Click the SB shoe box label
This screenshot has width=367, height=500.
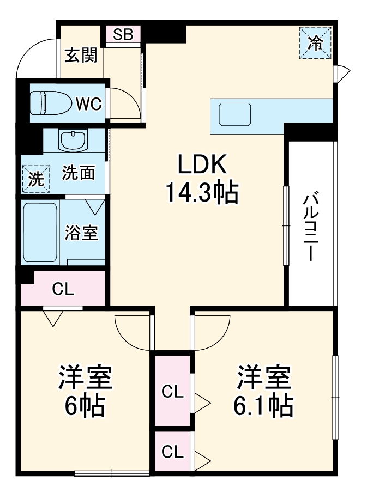tap(123, 34)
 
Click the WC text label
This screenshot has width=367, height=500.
tap(88, 103)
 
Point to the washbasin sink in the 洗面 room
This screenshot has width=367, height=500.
tap(74, 140)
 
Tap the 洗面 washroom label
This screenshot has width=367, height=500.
tap(78, 173)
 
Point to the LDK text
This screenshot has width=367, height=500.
tap(200, 164)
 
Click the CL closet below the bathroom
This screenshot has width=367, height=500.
tap(63, 289)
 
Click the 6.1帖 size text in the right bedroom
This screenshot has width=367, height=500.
tap(264, 405)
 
